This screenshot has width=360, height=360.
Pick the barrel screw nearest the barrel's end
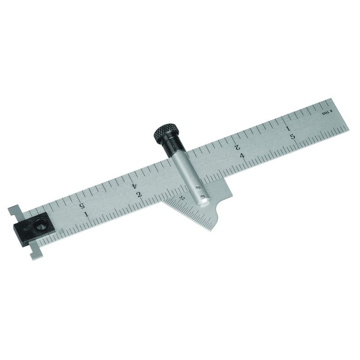pos(203,196)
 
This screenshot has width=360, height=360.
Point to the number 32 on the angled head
pos(182,197)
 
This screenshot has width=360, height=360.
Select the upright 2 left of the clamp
pos(139,194)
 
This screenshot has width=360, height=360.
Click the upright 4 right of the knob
pos(242,155)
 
